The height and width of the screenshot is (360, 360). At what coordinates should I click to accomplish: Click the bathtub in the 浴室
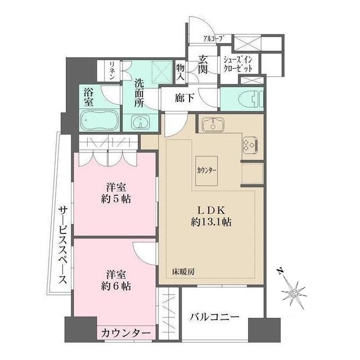pos(99,120)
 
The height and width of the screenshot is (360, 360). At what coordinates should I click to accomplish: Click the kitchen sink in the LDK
pos(212,124)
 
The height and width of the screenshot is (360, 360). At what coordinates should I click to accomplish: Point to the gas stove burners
pos(249,145)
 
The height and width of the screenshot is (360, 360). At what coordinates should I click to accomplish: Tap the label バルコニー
pos(214,317)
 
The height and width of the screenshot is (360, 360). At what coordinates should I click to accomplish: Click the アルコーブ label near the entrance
pos(214,38)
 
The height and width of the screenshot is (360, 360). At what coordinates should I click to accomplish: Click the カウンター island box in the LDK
pos(207,169)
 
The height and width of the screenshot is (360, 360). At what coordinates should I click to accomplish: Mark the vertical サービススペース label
pos(63,245)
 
